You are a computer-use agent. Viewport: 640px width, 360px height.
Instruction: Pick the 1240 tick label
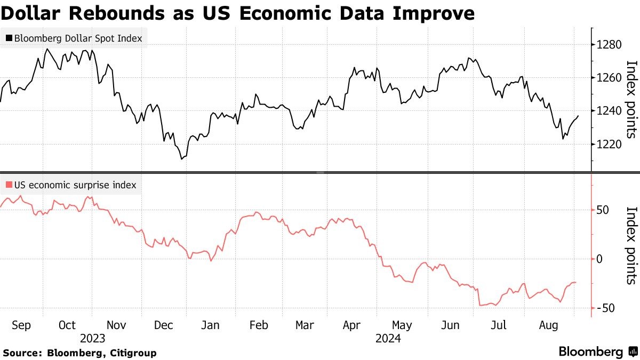(610, 111)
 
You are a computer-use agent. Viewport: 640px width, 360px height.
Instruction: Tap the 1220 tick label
(610, 144)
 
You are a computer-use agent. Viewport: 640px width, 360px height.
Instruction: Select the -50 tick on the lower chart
(605, 308)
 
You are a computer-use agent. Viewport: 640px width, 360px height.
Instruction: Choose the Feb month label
(259, 325)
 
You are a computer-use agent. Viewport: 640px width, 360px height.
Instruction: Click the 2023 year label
(92, 338)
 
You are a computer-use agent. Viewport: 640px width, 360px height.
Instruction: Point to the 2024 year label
(388, 338)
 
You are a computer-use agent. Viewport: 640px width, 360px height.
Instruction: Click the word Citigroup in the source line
(131, 353)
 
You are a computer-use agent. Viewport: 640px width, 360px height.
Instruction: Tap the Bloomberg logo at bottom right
(597, 352)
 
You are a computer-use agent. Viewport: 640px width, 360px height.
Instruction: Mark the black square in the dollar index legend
(9, 38)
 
